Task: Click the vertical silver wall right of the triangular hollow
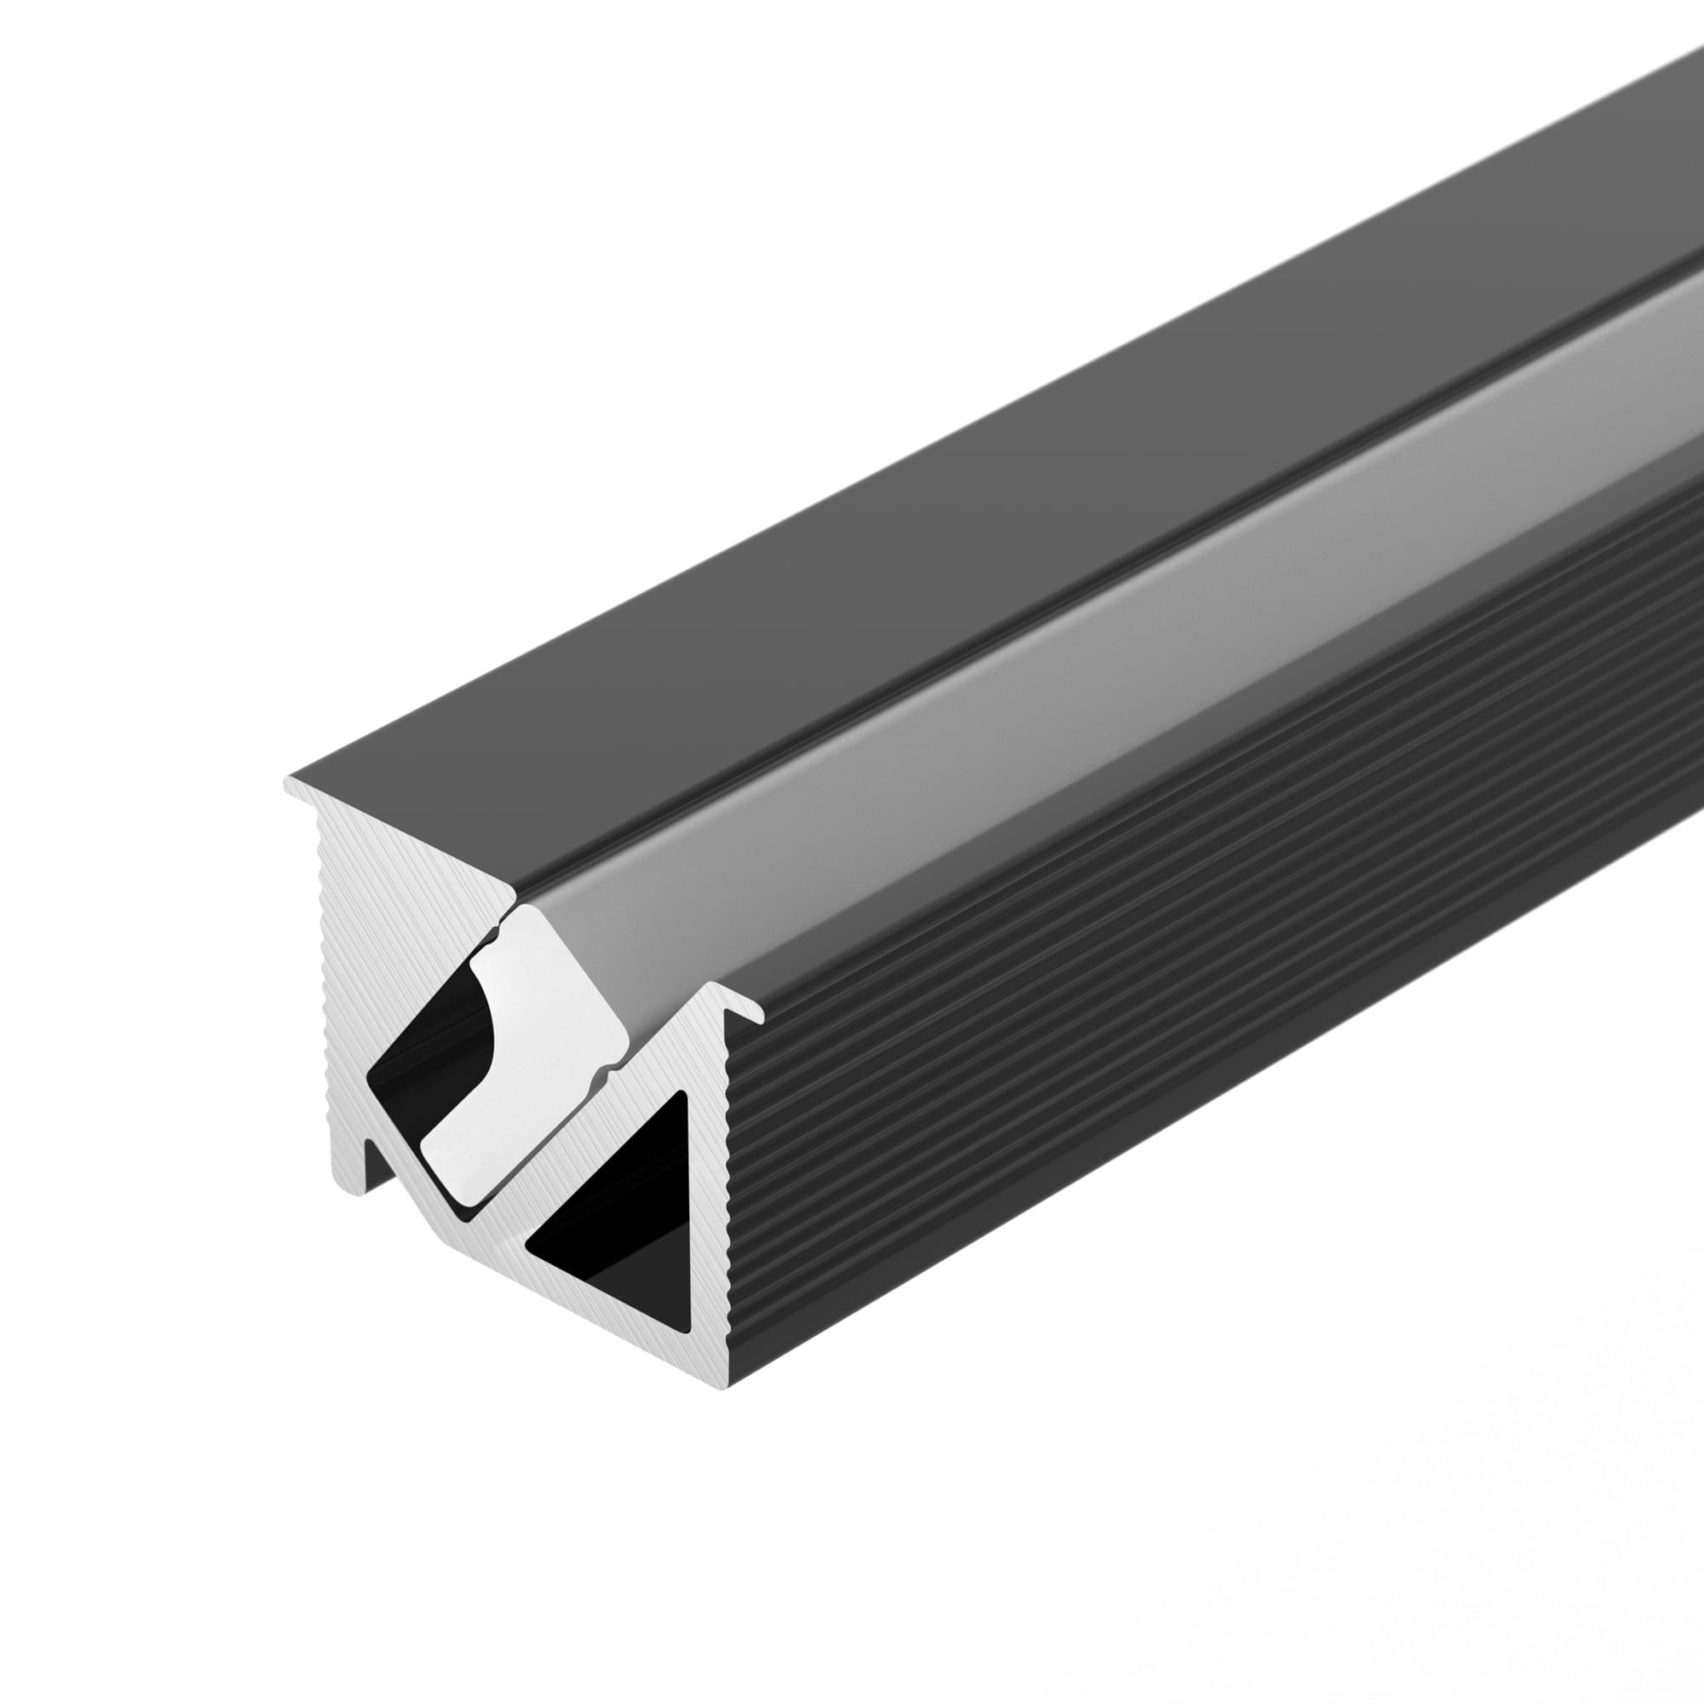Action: pos(710,1235)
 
